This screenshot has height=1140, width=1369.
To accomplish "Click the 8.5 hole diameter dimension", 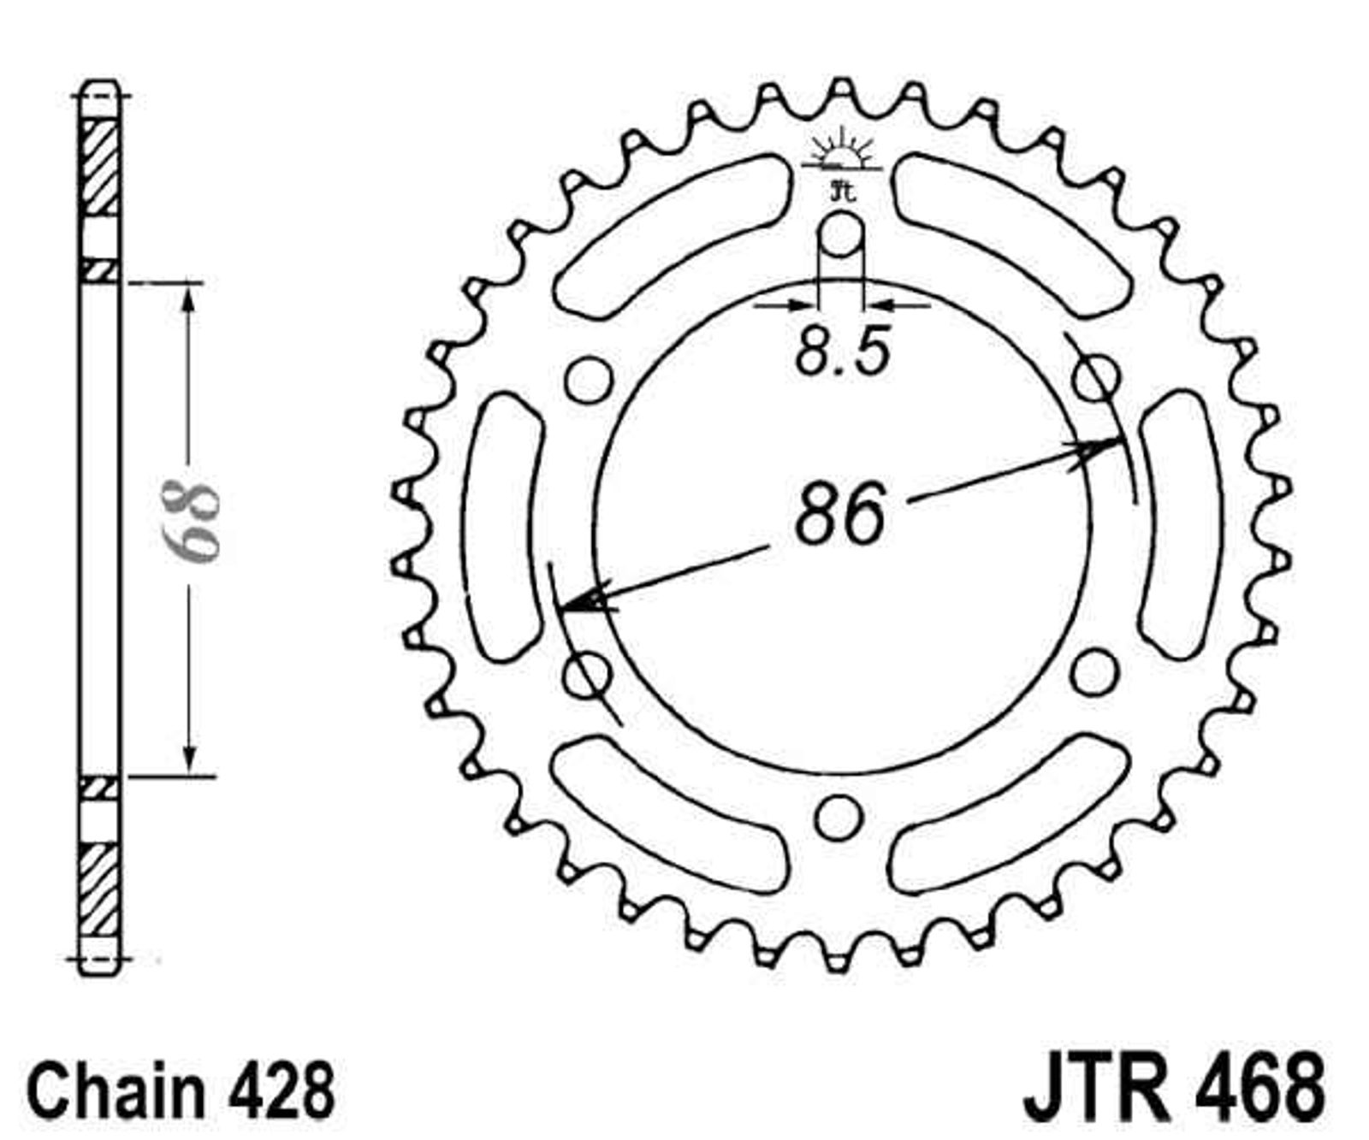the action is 843,351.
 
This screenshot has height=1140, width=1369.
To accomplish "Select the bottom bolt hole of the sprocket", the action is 838,818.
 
